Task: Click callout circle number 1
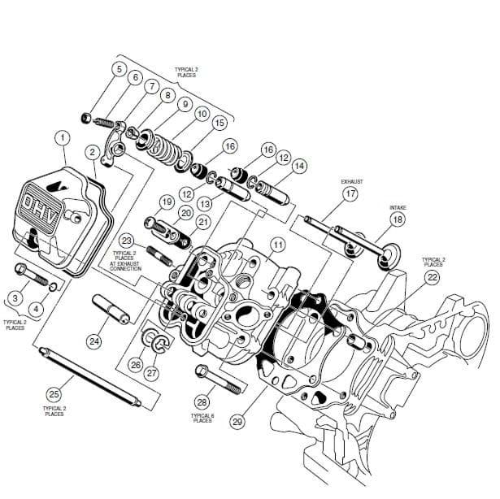pos(62,138)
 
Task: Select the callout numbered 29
pos(237,422)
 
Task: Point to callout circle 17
pos(350,194)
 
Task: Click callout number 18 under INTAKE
pos(397,219)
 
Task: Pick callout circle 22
pos(433,278)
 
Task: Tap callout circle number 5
pos(120,69)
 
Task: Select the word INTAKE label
pos(397,206)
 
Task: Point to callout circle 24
pos(95,341)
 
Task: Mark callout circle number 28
pos(202,401)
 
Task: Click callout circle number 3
pos(15,298)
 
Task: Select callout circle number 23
pos(126,241)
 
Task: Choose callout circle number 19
pos(167,202)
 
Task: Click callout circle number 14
pos(299,166)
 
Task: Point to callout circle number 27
pos(152,373)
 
